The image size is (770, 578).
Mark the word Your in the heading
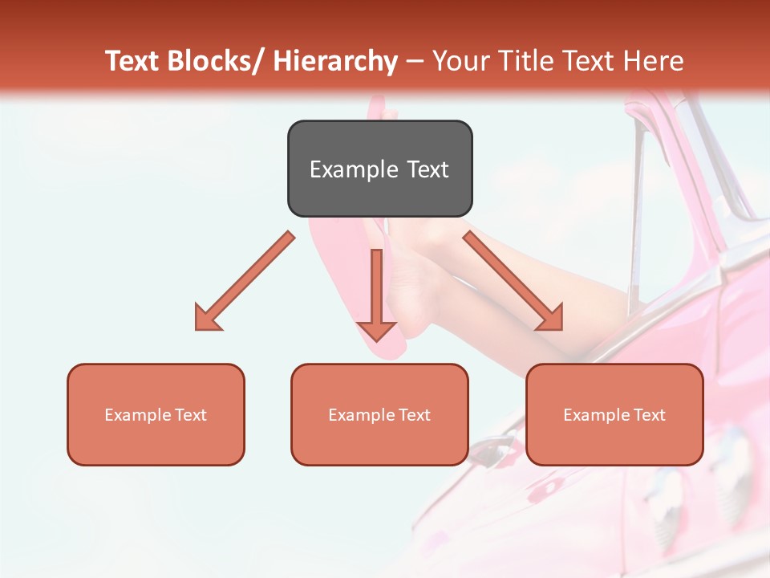460,61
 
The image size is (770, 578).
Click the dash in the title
414,62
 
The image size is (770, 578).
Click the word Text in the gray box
426,169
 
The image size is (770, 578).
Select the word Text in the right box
648,415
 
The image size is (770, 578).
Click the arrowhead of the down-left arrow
207,318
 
